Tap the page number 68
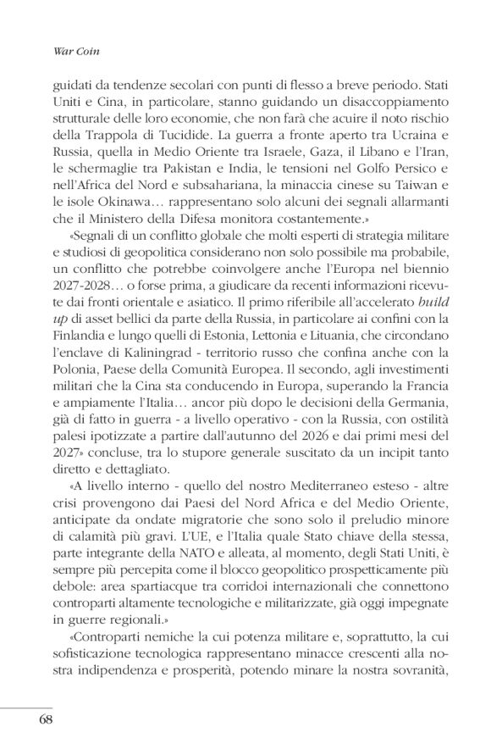coord(48,719)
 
